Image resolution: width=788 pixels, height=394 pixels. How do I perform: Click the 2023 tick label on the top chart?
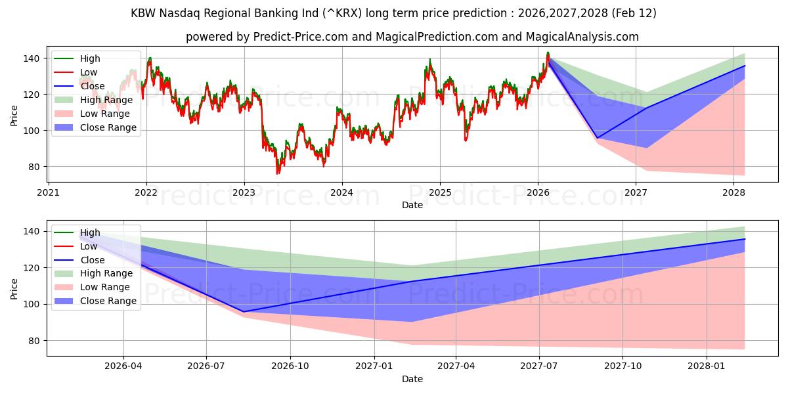pyautogui.click(x=244, y=192)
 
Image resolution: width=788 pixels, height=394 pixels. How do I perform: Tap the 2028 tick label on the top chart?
pyautogui.click(x=733, y=192)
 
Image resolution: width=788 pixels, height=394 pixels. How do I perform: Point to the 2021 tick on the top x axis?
pyautogui.click(x=48, y=192)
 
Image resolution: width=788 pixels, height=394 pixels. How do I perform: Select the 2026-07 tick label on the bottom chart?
pyautogui.click(x=206, y=366)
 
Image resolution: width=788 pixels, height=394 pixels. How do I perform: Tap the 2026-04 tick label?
pyautogui.click(x=123, y=366)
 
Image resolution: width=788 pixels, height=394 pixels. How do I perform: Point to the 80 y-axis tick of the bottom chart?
pyautogui.click(x=33, y=341)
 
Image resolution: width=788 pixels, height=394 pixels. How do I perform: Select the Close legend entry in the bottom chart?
pyautogui.click(x=92, y=260)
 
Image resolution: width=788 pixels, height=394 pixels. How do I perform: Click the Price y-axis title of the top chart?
pyautogui.click(x=14, y=115)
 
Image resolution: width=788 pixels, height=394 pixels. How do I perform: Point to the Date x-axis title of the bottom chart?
pyautogui.click(x=412, y=379)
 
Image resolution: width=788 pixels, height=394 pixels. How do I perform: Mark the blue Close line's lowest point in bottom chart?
pyautogui.click(x=244, y=312)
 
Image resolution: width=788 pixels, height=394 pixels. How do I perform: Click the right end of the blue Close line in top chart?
pyautogui.click(x=745, y=66)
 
